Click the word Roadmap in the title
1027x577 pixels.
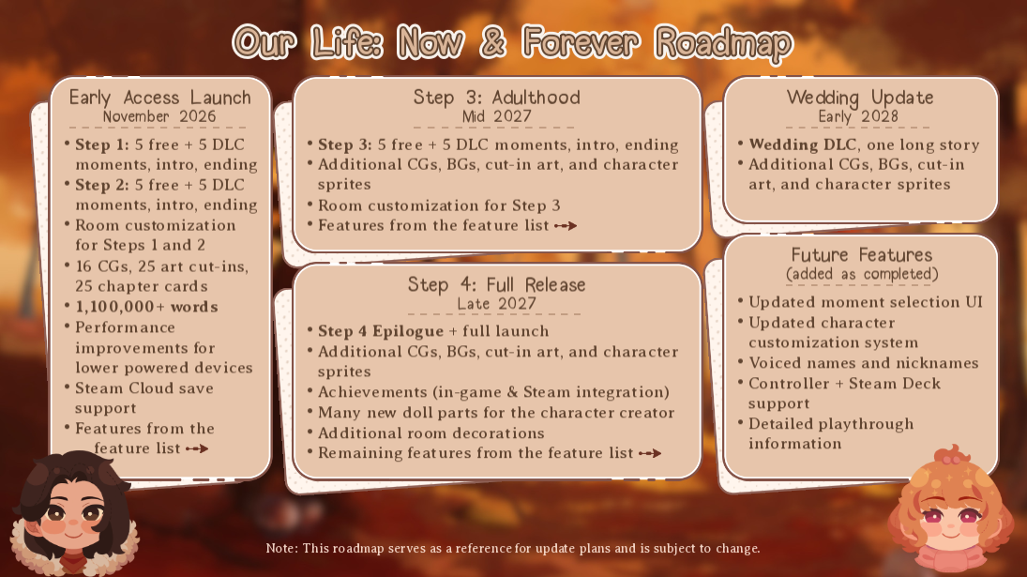(723, 43)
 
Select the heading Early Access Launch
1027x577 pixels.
(160, 98)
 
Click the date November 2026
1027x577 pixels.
(159, 117)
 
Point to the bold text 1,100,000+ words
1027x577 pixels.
(146, 307)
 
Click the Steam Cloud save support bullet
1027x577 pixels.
(144, 398)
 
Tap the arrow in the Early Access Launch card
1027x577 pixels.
(197, 448)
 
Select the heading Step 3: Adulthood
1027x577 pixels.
(497, 98)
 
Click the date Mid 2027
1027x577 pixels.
(497, 117)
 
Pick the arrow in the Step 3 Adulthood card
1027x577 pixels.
(566, 225)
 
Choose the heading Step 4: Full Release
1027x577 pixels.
(497, 284)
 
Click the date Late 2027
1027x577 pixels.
(497, 304)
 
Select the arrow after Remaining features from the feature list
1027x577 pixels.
(650, 453)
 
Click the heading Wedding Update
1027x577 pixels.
(860, 98)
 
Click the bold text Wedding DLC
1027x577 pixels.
(802, 144)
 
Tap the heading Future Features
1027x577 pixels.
(861, 255)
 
